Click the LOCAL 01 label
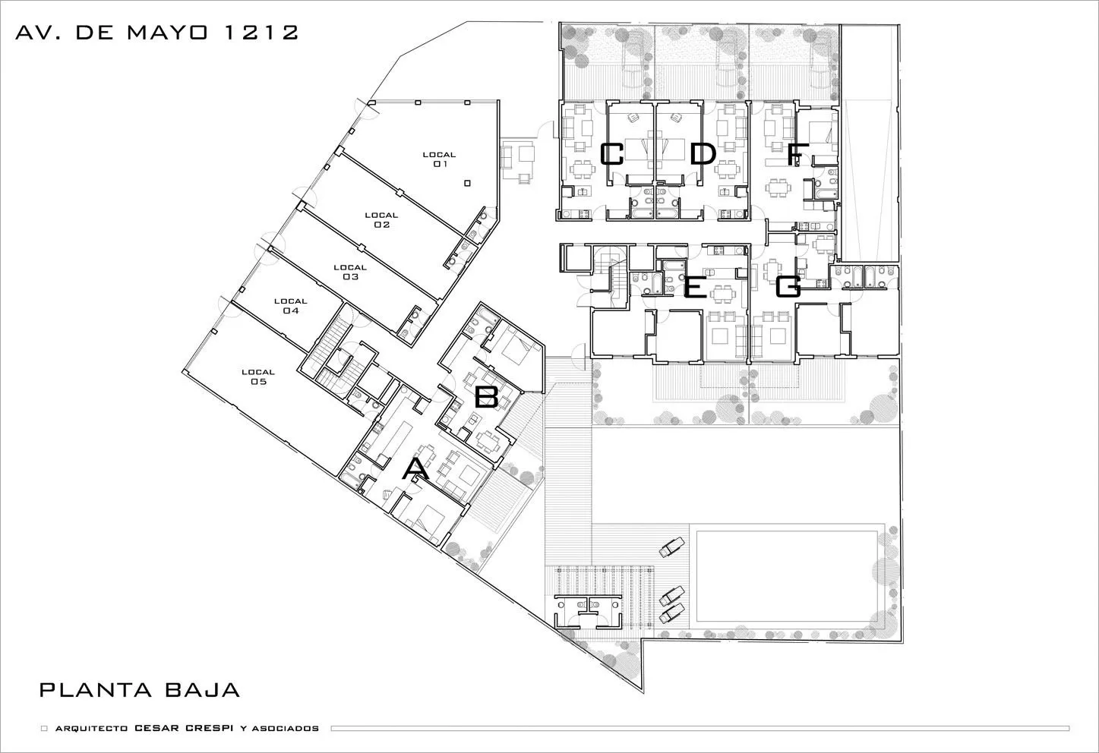pyautogui.click(x=440, y=159)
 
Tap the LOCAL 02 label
pyautogui.click(x=381, y=220)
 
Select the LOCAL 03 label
pyautogui.click(x=350, y=272)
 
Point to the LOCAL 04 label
pyautogui.click(x=290, y=306)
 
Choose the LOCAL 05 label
pyautogui.click(x=258, y=377)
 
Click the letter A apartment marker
pyautogui.click(x=415, y=469)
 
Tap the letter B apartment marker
pyautogui.click(x=487, y=397)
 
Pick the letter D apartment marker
pyautogui.click(x=703, y=154)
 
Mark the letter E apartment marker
pyautogui.click(x=695, y=287)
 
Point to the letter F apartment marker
pyautogui.click(x=794, y=154)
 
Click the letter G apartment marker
pyautogui.click(x=788, y=287)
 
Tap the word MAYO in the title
pyautogui.click(x=167, y=33)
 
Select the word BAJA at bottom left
pyautogui.click(x=201, y=690)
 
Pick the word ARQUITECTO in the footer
pyautogui.click(x=92, y=729)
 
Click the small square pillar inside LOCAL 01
pyautogui.click(x=467, y=184)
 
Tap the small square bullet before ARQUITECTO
pyautogui.click(x=44, y=729)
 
